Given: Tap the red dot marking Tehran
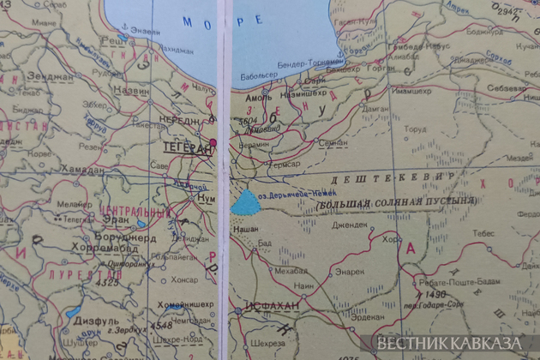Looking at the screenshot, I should tap(213, 141).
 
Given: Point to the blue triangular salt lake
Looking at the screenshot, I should tap(247, 202).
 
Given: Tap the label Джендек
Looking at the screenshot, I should tap(351, 225).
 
